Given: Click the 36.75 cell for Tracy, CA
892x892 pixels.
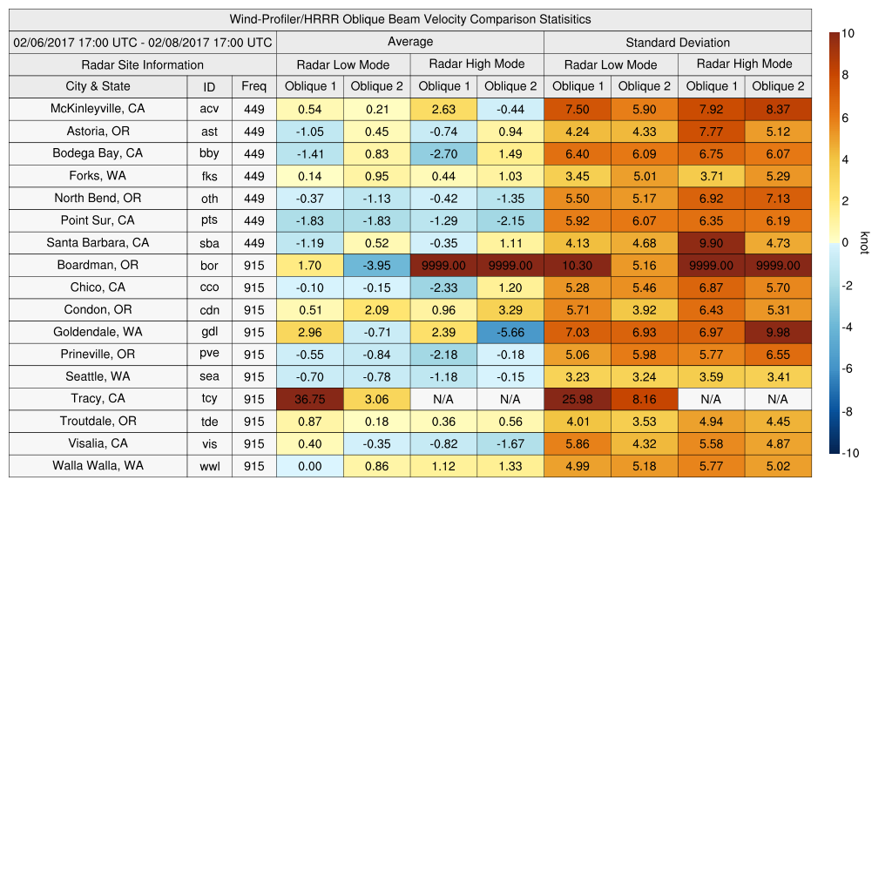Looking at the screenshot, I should pyautogui.click(x=309, y=399).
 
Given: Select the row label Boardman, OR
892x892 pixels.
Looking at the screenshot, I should pyautogui.click(x=98, y=265).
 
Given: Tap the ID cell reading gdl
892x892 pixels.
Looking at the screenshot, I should pyautogui.click(x=209, y=332).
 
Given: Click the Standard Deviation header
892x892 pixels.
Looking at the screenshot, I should pyautogui.click(x=678, y=43).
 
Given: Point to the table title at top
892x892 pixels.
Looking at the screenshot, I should pyautogui.click(x=410, y=19).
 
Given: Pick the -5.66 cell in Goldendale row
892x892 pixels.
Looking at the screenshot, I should pyautogui.click(x=510, y=332).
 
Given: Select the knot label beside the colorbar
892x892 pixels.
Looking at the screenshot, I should pyautogui.click(x=864, y=243).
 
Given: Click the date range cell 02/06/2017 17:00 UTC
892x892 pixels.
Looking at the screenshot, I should pyautogui.click(x=143, y=43).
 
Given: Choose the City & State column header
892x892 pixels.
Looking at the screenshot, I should pyautogui.click(x=98, y=86).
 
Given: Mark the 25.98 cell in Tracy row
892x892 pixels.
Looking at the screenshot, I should pyautogui.click(x=577, y=399).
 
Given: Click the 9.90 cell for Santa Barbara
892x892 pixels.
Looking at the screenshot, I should pyautogui.click(x=711, y=243).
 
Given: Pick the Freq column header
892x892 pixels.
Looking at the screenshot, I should pyautogui.click(x=253, y=86).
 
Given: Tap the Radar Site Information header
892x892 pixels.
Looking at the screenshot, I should pyautogui.click(x=143, y=64).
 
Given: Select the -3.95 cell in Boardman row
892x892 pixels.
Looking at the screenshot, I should pyautogui.click(x=376, y=265).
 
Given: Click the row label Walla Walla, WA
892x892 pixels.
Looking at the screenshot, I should pyautogui.click(x=98, y=466).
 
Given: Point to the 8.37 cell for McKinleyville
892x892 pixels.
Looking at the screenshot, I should pyautogui.click(x=778, y=109).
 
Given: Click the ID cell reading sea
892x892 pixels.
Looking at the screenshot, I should pyautogui.click(x=209, y=376).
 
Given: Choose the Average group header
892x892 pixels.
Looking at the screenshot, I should pyautogui.click(x=410, y=42).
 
